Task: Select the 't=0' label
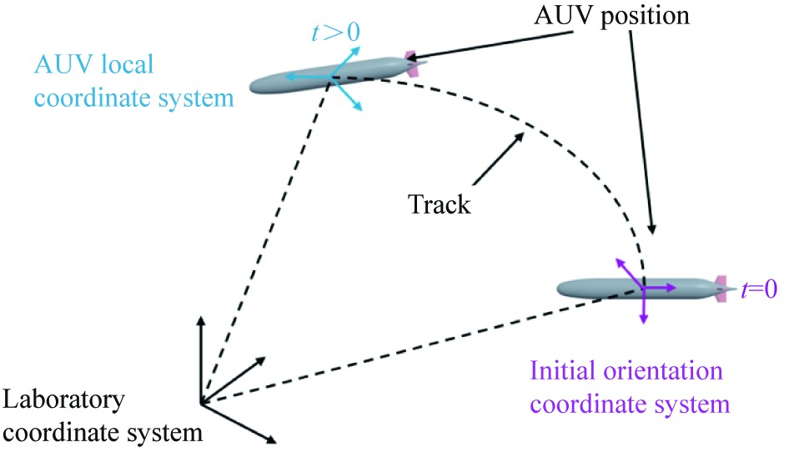pyautogui.click(x=758, y=289)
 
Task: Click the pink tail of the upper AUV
pyautogui.click(x=410, y=63)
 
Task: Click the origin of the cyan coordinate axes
pyautogui.click(x=330, y=78)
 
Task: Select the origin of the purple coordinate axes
pyautogui.click(x=644, y=288)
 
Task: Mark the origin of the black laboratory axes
pyautogui.click(x=200, y=404)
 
